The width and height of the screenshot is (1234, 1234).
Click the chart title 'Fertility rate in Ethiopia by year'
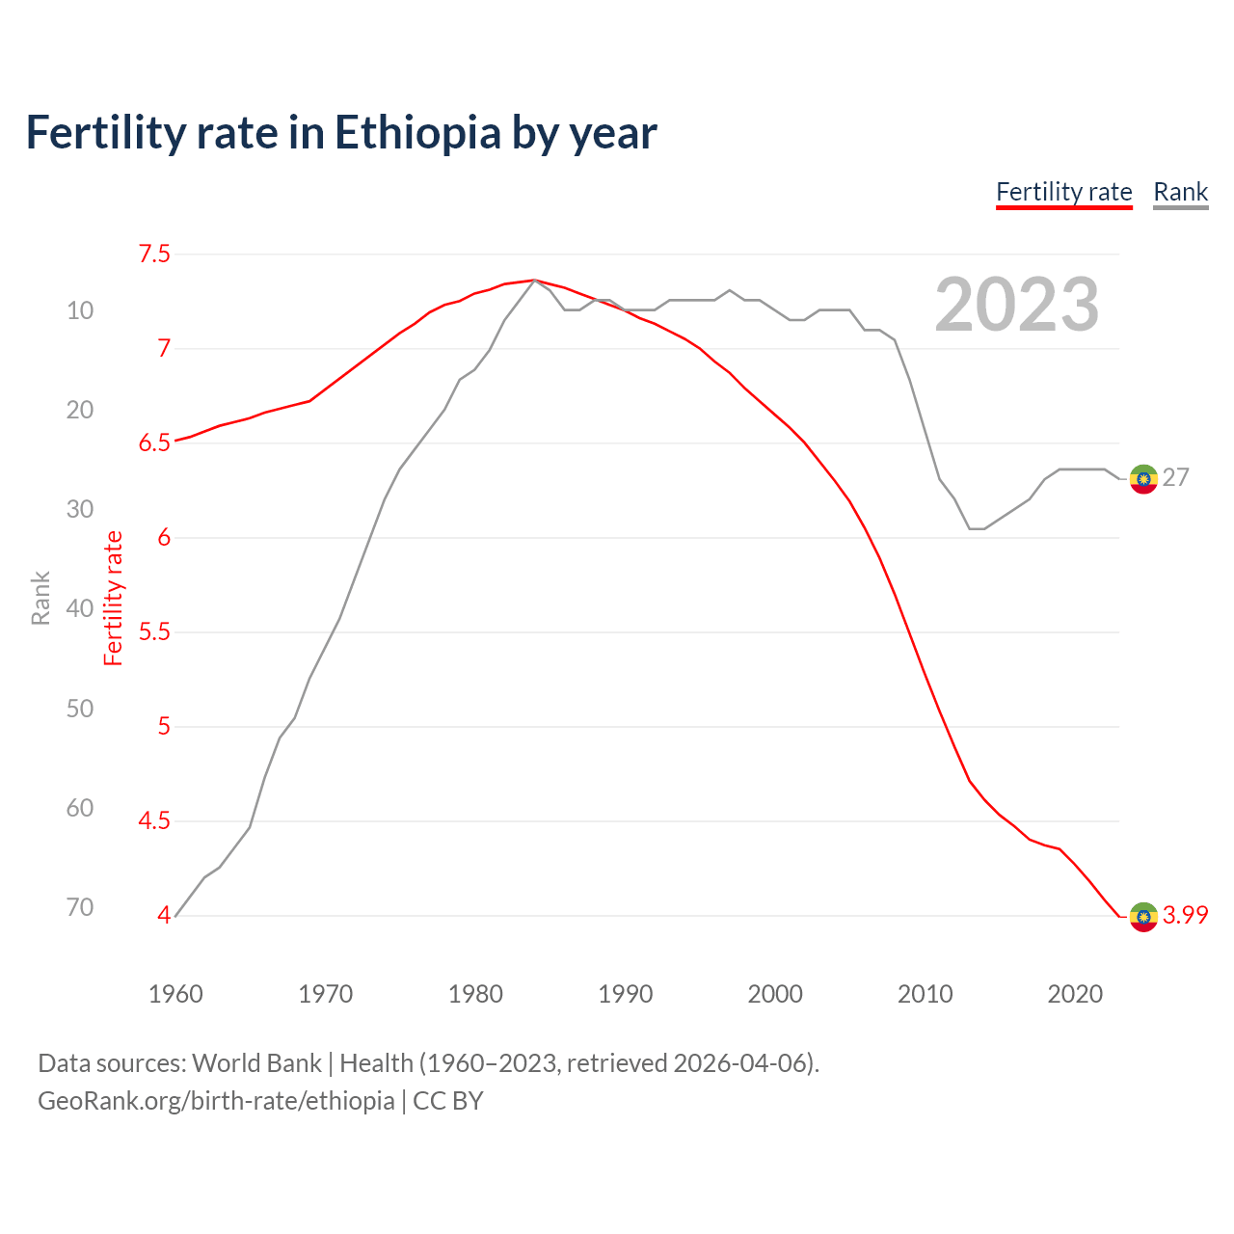341,133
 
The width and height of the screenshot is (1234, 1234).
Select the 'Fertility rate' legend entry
1063,192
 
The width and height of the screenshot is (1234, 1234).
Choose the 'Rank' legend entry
1180,192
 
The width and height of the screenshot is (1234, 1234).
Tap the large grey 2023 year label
1016,306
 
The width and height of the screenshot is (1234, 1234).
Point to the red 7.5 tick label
154,254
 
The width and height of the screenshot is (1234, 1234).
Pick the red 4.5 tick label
154,820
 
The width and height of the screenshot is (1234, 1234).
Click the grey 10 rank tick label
80,310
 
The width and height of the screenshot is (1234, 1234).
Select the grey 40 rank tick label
80,608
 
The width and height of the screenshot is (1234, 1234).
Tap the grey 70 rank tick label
80,907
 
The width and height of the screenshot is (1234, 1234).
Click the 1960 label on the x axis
175,994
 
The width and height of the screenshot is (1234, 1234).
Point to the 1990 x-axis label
625,994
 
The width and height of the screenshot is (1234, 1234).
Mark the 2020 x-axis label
1075,994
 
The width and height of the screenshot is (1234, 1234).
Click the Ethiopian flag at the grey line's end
1143,478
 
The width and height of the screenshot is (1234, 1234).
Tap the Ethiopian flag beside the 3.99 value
1143,916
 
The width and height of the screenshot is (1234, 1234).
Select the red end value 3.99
1185,916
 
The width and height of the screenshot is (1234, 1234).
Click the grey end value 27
1176,478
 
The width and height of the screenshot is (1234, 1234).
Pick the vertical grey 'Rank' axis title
40,598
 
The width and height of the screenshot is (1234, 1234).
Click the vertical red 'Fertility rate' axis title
114,598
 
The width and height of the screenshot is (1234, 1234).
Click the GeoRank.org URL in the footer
216,1101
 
